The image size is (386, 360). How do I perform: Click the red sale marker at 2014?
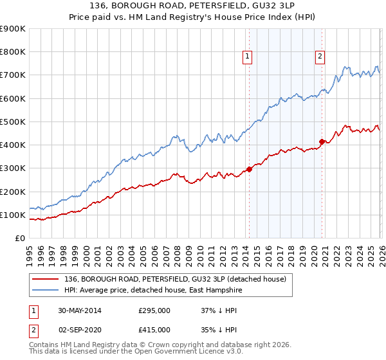point(249,170)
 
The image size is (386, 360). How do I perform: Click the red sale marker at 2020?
point(321,141)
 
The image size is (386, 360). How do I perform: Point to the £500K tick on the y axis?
point(12,122)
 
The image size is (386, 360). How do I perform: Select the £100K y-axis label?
point(12,215)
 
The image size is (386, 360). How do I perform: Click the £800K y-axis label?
point(12,52)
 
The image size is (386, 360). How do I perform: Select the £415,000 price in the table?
point(154,329)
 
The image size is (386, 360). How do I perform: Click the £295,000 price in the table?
point(154,310)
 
